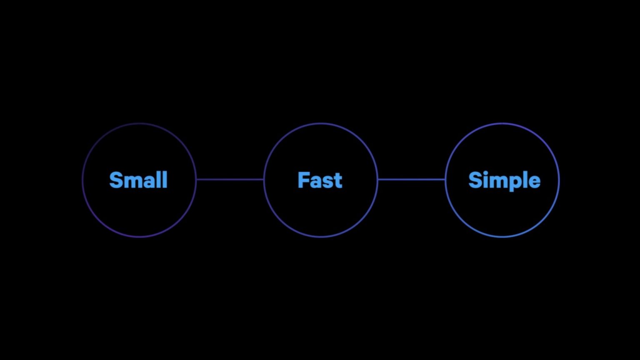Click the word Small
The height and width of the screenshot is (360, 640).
pyautogui.click(x=138, y=180)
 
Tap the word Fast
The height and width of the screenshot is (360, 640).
pyautogui.click(x=320, y=180)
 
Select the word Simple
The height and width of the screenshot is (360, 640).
pyautogui.click(x=505, y=181)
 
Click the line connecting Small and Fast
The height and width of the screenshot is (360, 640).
pyautogui.click(x=230, y=180)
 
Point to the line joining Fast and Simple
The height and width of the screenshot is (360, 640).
pyautogui.click(x=411, y=180)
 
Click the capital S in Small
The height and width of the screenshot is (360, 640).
pyautogui.click(x=116, y=180)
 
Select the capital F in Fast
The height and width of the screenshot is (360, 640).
pyautogui.click(x=304, y=180)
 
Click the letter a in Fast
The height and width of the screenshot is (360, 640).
pyautogui.click(x=317, y=182)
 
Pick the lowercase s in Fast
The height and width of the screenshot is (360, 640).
pyautogui.click(x=329, y=182)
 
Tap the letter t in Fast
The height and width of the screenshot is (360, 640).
pyautogui.click(x=339, y=181)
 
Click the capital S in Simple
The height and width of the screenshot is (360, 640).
pyautogui.click(x=475, y=180)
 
